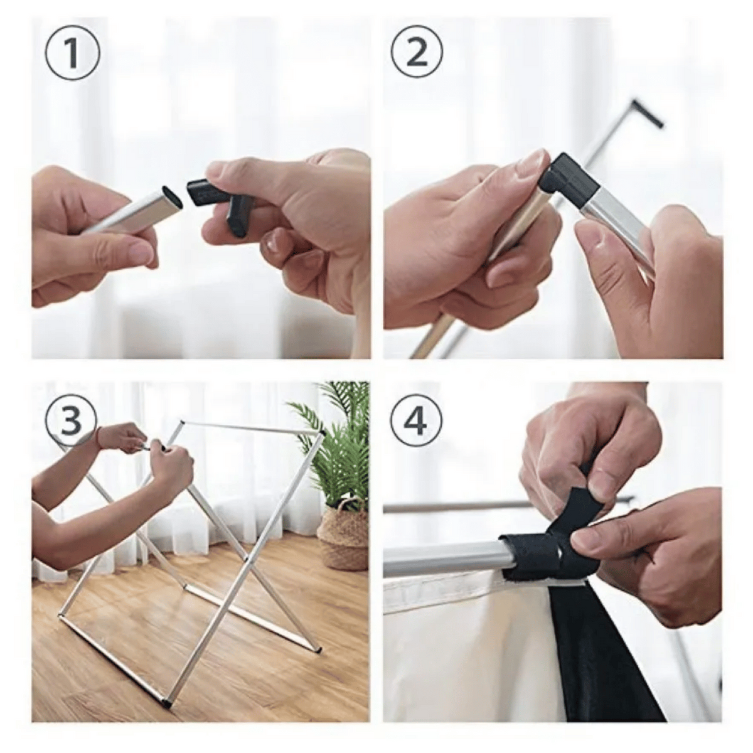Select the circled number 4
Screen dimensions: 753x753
(417, 422)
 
